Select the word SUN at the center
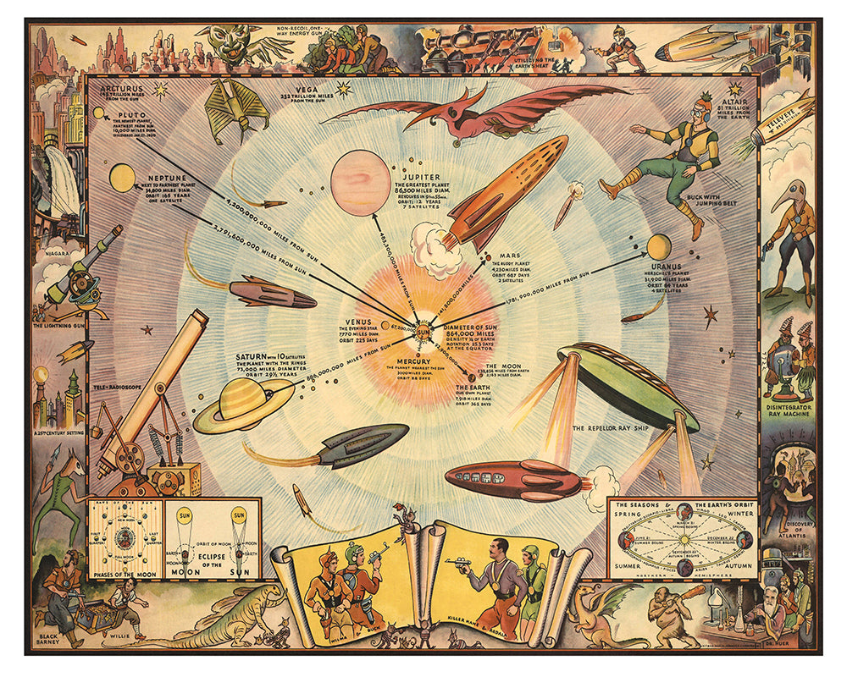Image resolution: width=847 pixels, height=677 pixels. pyautogui.click(x=423, y=332)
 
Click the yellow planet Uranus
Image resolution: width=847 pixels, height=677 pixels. pyautogui.click(x=658, y=246)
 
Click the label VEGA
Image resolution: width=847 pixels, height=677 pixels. pyautogui.click(x=306, y=90)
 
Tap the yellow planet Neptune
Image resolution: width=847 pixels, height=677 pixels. pyautogui.click(x=121, y=177)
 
